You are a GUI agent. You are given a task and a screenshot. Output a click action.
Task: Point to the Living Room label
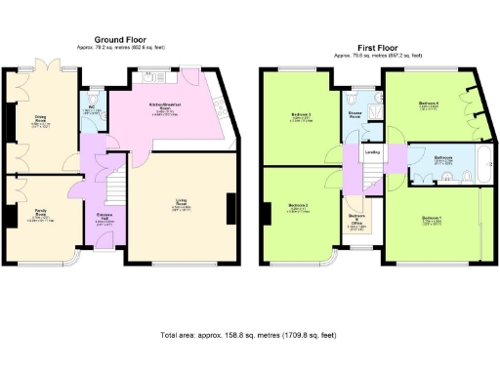click(x=182, y=206)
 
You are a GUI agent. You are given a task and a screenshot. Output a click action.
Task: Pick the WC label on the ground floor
click(x=91, y=108)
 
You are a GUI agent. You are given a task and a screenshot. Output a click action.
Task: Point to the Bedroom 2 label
click(x=300, y=206)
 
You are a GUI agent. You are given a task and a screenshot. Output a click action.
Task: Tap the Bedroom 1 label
click(x=433, y=218)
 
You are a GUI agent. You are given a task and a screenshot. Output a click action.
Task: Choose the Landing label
click(x=372, y=151)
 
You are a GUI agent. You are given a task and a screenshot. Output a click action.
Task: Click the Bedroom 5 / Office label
click(x=357, y=221)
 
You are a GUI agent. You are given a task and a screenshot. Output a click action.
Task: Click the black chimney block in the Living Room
click(x=230, y=208)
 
